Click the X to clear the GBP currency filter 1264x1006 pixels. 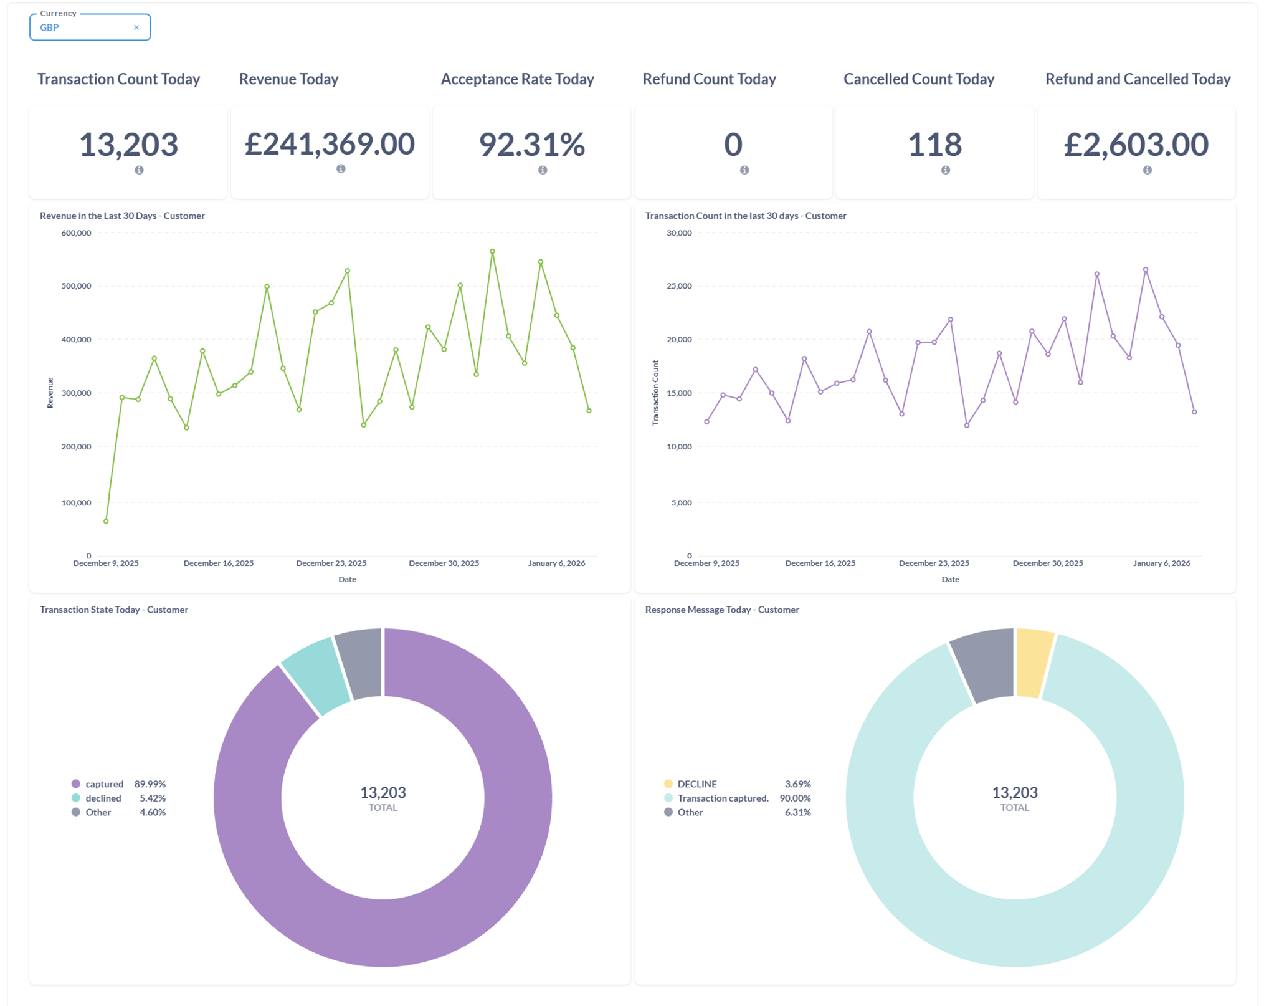pyautogui.click(x=136, y=27)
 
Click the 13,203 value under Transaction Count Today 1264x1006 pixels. pyautogui.click(x=128, y=145)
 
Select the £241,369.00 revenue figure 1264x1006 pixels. pyautogui.click(x=330, y=144)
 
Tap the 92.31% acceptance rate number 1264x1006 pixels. pyautogui.click(x=531, y=145)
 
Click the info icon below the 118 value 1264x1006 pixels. pyautogui.click(x=945, y=170)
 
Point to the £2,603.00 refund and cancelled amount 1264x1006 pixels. pyautogui.click(x=1136, y=145)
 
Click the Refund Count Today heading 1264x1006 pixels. pyautogui.click(x=709, y=79)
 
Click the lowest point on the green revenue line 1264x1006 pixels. pyautogui.click(x=106, y=521)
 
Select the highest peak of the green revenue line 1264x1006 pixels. pyautogui.click(x=492, y=252)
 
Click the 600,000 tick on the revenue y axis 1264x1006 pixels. pyautogui.click(x=76, y=233)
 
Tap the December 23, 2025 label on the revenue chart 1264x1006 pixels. pyautogui.click(x=331, y=563)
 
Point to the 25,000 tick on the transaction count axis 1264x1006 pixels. pyautogui.click(x=679, y=286)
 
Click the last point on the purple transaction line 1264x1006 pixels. pyautogui.click(x=1194, y=412)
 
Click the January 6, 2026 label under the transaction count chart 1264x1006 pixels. pyautogui.click(x=1161, y=563)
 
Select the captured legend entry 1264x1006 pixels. pyautogui.click(x=118, y=783)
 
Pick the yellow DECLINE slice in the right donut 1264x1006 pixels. pyautogui.click(x=1034, y=663)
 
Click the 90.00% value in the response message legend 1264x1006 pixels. pyautogui.click(x=795, y=798)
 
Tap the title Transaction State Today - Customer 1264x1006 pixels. pyautogui.click(x=114, y=610)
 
